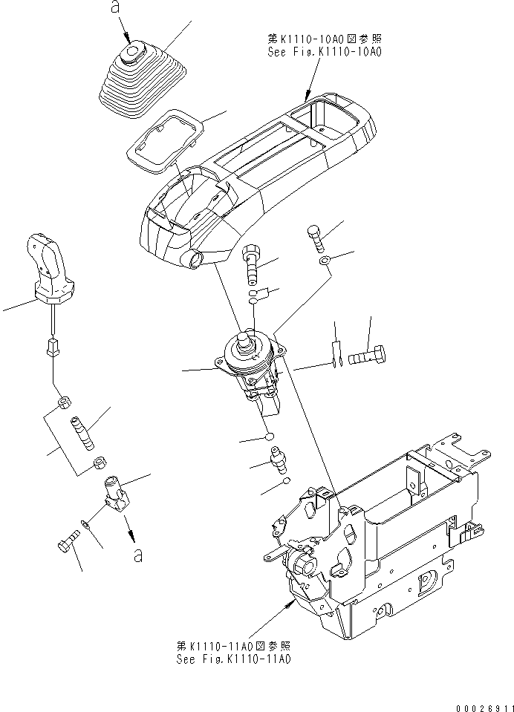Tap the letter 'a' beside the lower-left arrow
[x=137, y=555]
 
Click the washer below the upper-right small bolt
[x=325, y=261]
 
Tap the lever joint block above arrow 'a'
[x=114, y=492]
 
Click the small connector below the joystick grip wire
[x=53, y=346]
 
